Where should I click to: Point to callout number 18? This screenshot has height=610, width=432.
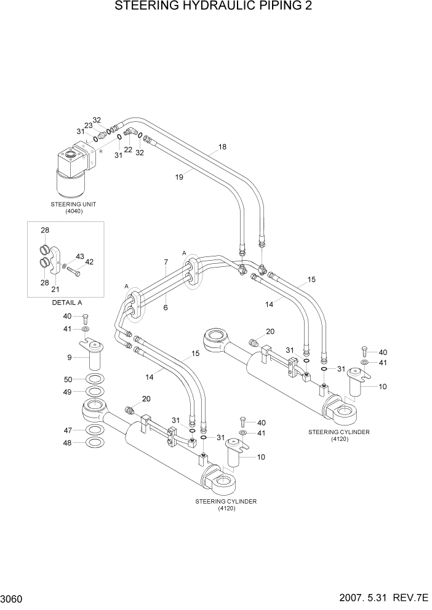pyautogui.click(x=222, y=147)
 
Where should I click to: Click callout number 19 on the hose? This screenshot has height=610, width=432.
pyautogui.click(x=180, y=177)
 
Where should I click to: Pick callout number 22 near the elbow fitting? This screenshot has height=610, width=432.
pyautogui.click(x=128, y=150)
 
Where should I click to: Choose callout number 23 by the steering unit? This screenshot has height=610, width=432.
pyautogui.click(x=88, y=125)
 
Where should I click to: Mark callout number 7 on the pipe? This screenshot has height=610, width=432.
pyautogui.click(x=166, y=263)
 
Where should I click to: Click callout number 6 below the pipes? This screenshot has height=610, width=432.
pyautogui.click(x=166, y=307)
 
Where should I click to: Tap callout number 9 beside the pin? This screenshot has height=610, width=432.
pyautogui.click(x=70, y=358)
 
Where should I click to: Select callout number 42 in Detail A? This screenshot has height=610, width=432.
pyautogui.click(x=89, y=262)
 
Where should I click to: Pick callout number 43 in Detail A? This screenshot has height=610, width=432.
pyautogui.click(x=80, y=256)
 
